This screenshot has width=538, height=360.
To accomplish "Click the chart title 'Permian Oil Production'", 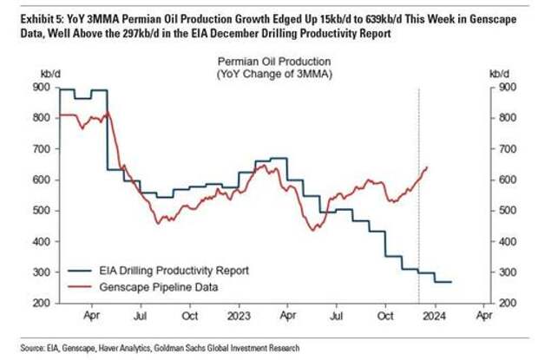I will click(272, 62).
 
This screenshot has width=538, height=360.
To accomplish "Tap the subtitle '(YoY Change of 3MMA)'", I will click(272, 74).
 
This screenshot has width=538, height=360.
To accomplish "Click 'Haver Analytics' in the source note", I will click(121, 348).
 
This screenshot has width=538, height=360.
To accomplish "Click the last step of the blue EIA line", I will click(442, 282).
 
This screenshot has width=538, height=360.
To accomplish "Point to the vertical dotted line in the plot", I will click(418, 191).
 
